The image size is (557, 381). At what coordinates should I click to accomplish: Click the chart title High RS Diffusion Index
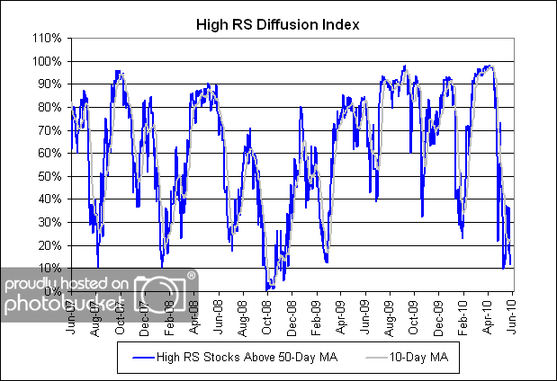[x=277, y=24]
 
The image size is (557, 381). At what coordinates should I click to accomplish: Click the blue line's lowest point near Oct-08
[x=267, y=288]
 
